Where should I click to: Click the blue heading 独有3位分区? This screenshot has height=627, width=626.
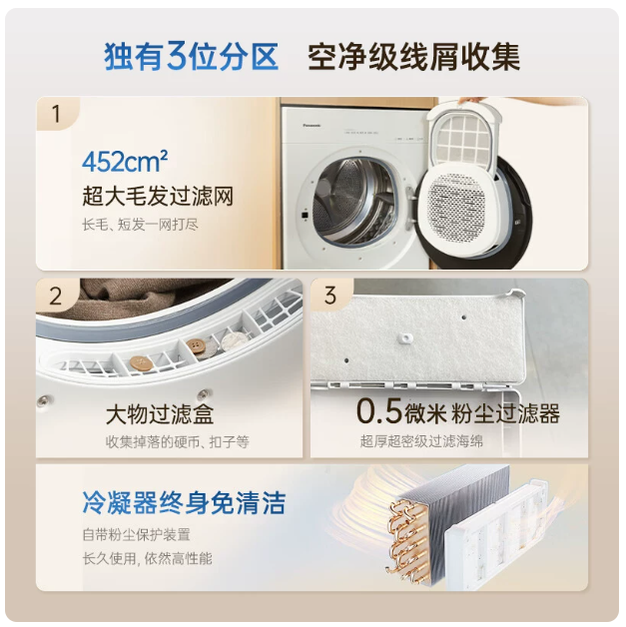[191, 57]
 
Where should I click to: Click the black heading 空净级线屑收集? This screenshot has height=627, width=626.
[414, 57]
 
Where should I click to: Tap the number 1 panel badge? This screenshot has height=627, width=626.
[56, 114]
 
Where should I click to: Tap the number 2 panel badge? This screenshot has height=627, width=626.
[56, 297]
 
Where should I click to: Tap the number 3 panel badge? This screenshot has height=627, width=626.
[330, 296]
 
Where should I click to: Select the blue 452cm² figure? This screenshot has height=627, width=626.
[125, 162]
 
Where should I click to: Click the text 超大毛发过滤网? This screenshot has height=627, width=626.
[158, 196]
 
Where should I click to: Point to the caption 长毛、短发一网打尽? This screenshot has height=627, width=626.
[141, 225]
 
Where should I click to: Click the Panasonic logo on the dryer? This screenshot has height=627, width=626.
[312, 125]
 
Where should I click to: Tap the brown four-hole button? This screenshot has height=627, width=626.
[197, 345]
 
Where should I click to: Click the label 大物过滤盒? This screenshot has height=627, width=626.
[161, 413]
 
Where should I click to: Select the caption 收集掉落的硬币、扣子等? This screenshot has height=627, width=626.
[178, 442]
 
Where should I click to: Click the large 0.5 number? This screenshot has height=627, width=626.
[378, 410]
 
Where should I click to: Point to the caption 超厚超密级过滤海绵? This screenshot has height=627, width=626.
[421, 441]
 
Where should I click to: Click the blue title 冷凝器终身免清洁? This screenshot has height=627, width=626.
[184, 502]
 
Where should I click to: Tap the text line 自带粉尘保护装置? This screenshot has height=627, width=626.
[137, 534]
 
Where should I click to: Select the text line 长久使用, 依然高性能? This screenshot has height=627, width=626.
[147, 558]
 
